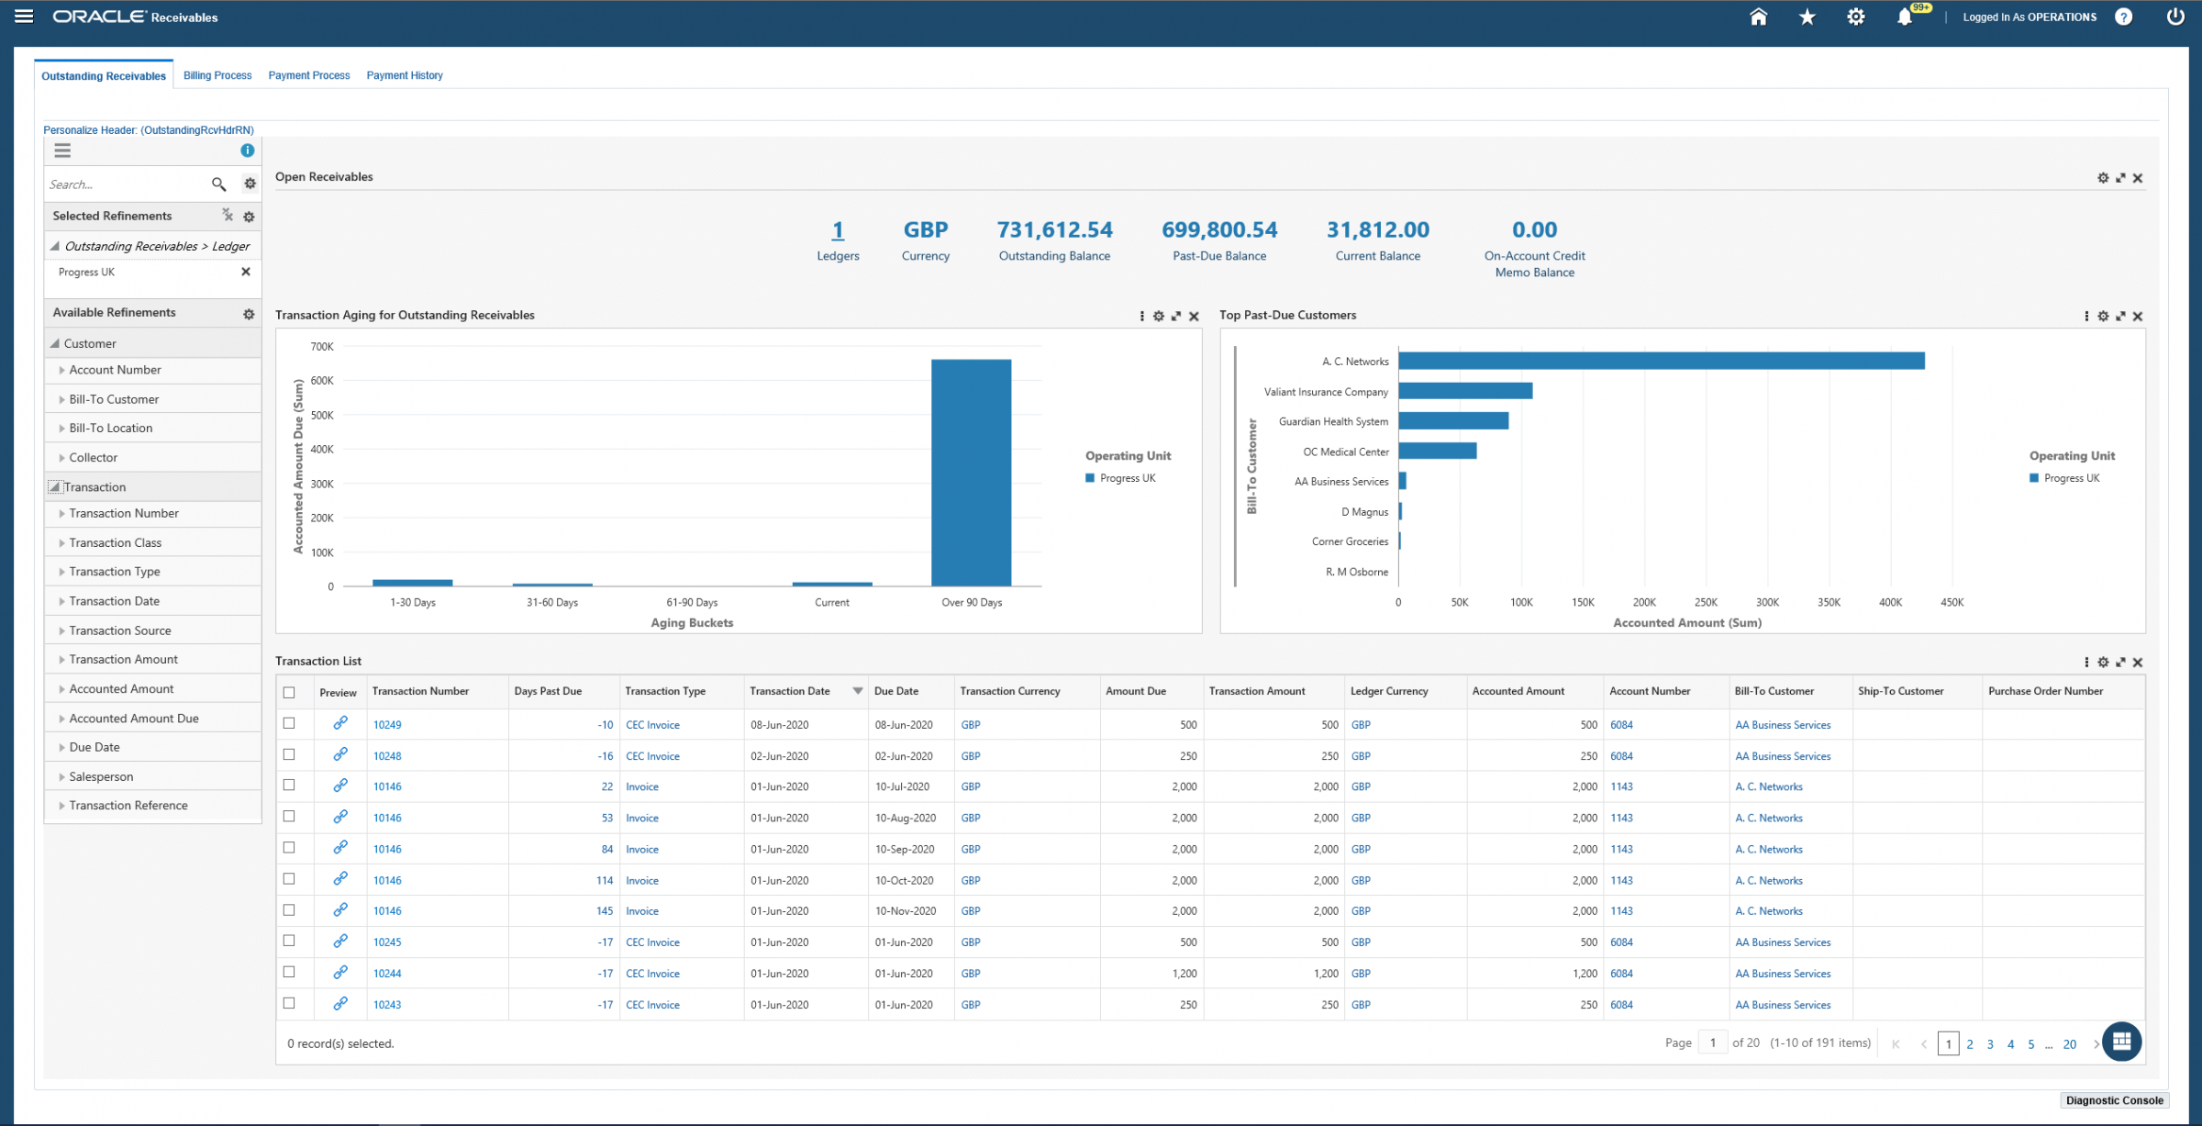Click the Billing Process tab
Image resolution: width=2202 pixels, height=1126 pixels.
coord(217,75)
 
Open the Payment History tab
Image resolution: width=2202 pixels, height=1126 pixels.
coord(405,75)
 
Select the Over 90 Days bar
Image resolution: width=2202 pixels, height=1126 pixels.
coord(971,472)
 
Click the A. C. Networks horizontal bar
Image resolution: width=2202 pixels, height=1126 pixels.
coord(1661,362)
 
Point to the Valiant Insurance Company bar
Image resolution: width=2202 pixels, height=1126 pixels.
coord(1465,392)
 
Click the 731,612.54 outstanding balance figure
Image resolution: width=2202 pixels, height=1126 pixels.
coord(1054,229)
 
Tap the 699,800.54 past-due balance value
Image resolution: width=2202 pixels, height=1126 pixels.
coord(1218,229)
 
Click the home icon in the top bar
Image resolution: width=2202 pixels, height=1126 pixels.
coord(1758,17)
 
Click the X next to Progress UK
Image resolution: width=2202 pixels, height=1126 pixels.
coord(246,272)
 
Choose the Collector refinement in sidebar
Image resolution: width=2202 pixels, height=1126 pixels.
coord(94,457)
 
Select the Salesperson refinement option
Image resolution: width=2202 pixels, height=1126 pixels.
coord(101,776)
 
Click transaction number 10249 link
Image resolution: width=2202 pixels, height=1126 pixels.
coord(387,725)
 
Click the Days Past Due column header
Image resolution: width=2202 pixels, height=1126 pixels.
coord(548,691)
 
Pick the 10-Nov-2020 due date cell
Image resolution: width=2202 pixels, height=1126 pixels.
coord(905,911)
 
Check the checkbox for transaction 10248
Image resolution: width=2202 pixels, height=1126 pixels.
coord(289,754)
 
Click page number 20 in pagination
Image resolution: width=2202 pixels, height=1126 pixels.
coord(2069,1044)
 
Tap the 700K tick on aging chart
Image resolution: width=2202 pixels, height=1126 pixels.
coord(322,347)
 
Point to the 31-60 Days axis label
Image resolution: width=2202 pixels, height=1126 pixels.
coord(551,603)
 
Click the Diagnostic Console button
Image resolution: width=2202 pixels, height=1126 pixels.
coord(2114,1100)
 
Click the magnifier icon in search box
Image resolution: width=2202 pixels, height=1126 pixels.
coord(218,184)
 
